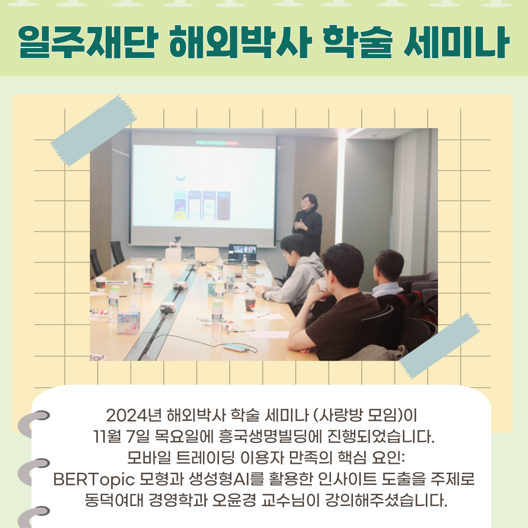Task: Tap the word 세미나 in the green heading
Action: click(x=456, y=42)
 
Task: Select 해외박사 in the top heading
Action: click(x=239, y=42)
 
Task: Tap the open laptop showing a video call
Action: click(x=242, y=254)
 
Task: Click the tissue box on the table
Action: click(x=129, y=322)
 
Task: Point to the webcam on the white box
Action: click(x=177, y=240)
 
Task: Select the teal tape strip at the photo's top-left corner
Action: click(x=94, y=131)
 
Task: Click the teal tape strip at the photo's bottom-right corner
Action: click(x=440, y=346)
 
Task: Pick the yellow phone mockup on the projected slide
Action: click(x=180, y=205)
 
